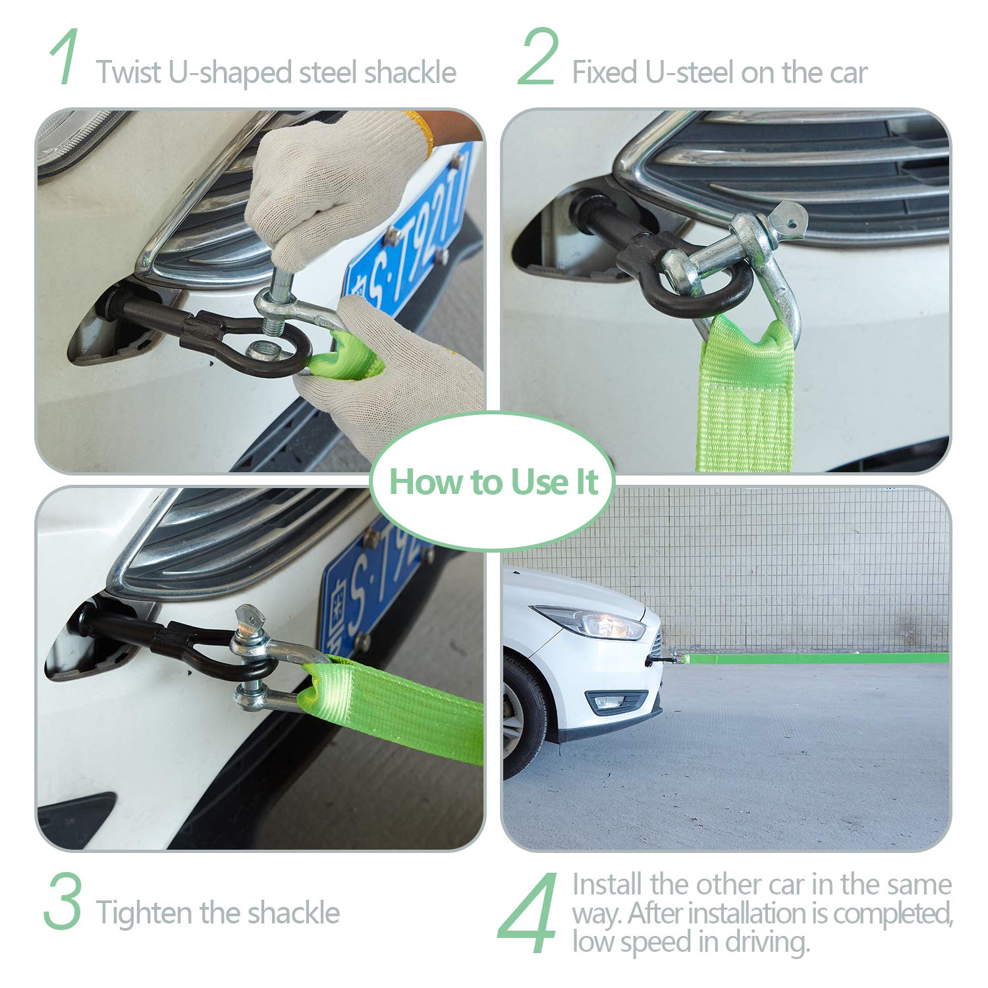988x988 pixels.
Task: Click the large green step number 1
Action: pyautogui.click(x=65, y=57)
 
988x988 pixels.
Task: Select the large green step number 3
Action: pyautogui.click(x=63, y=900)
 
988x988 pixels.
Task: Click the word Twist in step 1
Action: pyautogui.click(x=128, y=72)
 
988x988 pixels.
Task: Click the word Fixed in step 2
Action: pyautogui.click(x=605, y=72)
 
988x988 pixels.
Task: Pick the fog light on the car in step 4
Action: pyautogui.click(x=616, y=702)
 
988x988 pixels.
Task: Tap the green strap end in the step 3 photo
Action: pyautogui.click(x=392, y=709)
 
